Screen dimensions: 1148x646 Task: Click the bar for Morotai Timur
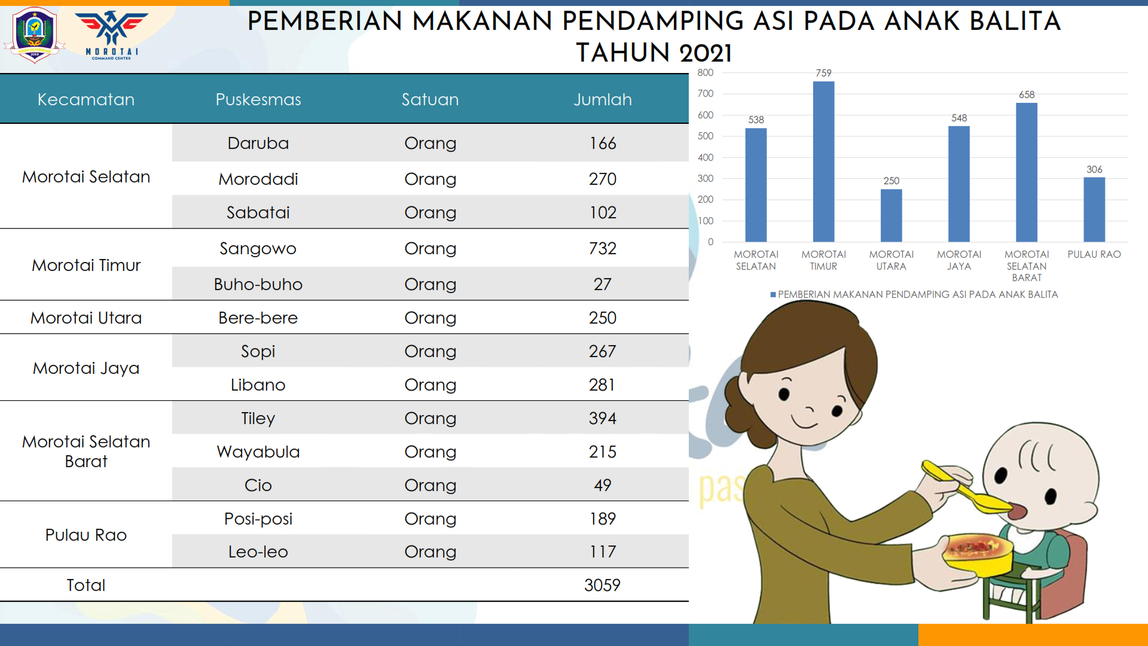coord(823,161)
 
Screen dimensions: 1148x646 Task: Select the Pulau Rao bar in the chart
coord(1094,209)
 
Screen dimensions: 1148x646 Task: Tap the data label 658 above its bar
coord(1027,95)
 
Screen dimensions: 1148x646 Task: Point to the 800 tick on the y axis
coord(706,72)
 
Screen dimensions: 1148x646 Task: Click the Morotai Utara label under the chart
coord(891,260)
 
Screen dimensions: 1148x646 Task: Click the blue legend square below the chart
coord(773,294)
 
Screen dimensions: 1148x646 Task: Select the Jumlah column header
coord(603,99)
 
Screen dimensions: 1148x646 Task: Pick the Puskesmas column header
coord(258,99)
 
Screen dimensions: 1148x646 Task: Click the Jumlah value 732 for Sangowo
coord(603,248)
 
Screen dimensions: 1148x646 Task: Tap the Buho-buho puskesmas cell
coord(258,284)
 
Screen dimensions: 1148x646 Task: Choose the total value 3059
coord(603,585)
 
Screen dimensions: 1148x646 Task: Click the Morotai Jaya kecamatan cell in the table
coord(86,368)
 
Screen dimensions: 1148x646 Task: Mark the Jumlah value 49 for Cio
coord(603,485)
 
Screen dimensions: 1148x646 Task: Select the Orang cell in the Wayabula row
coord(430,452)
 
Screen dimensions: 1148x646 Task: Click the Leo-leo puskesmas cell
coord(258,551)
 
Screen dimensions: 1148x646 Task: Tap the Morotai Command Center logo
coord(112,35)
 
